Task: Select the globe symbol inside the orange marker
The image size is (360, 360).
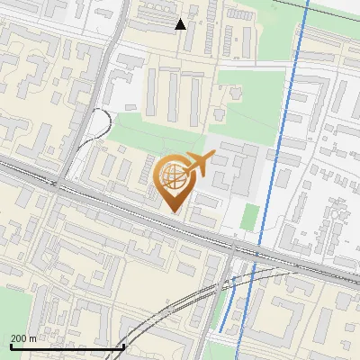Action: pyautogui.click(x=173, y=177)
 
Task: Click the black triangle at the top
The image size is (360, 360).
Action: pyautogui.click(x=180, y=23)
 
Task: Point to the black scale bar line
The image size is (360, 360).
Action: pyautogui.click(x=67, y=346)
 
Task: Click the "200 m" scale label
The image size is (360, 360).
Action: pyautogui.click(x=23, y=338)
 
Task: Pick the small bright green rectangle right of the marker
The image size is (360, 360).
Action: pyautogui.click(x=251, y=216)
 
